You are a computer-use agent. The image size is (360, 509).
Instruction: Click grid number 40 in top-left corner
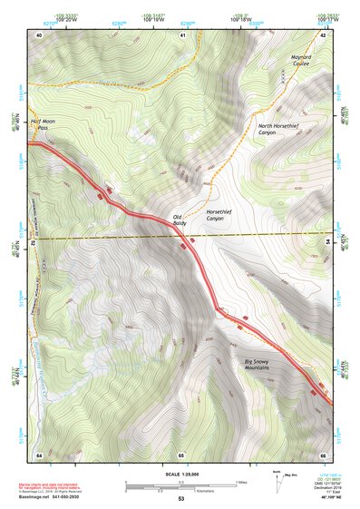coord(39,34)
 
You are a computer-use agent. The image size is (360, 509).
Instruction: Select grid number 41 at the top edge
coord(182,34)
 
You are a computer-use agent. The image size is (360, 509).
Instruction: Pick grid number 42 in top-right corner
coord(323,34)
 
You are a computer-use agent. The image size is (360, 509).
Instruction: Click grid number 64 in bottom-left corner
coord(39,454)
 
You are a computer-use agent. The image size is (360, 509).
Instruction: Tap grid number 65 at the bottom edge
coord(181,454)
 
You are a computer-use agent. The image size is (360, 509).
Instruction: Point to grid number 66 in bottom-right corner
coord(323,454)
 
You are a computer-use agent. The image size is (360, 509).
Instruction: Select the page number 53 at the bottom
coord(181,499)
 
